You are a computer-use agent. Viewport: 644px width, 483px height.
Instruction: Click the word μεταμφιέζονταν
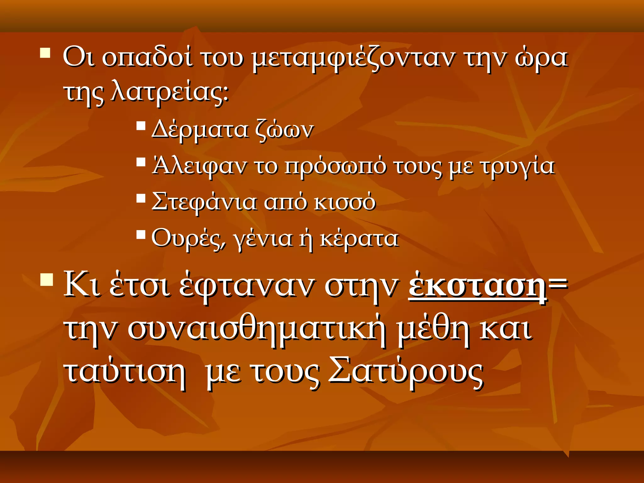(353, 59)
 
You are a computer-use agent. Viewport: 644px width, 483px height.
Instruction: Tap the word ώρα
(541, 59)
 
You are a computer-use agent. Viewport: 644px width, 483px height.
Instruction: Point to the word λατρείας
(169, 93)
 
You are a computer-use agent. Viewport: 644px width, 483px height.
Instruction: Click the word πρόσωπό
(335, 166)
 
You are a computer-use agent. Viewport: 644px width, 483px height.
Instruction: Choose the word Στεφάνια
(204, 202)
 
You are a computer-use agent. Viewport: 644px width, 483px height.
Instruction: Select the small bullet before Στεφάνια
(141, 199)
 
